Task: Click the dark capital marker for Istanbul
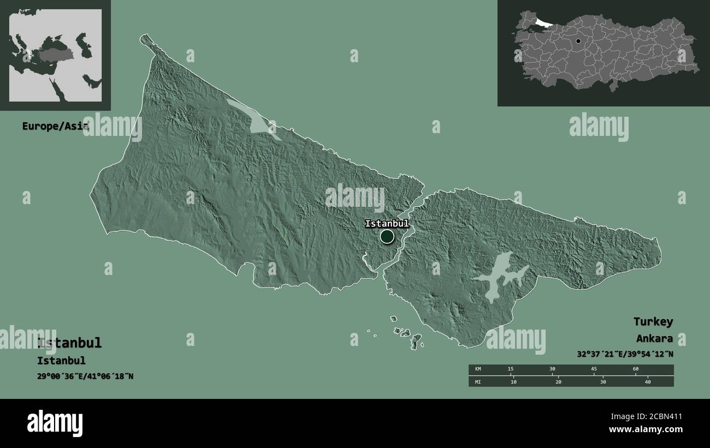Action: coord(387,236)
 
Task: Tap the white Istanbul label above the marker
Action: coord(387,223)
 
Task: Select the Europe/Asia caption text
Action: coord(54,126)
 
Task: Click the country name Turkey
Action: coord(653,321)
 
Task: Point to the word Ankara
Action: coord(654,338)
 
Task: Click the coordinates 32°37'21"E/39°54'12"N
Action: coord(625,354)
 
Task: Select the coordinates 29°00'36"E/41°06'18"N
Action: coord(85,377)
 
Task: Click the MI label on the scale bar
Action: coord(478,381)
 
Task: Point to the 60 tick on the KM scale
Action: coord(635,369)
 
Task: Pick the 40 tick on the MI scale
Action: coord(648,381)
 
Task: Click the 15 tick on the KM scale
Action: coord(510,369)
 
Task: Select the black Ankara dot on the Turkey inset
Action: coord(578,41)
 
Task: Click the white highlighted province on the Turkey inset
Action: coord(544,23)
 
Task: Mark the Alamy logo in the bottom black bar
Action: coord(55,423)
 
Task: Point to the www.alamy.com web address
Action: coord(646,429)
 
